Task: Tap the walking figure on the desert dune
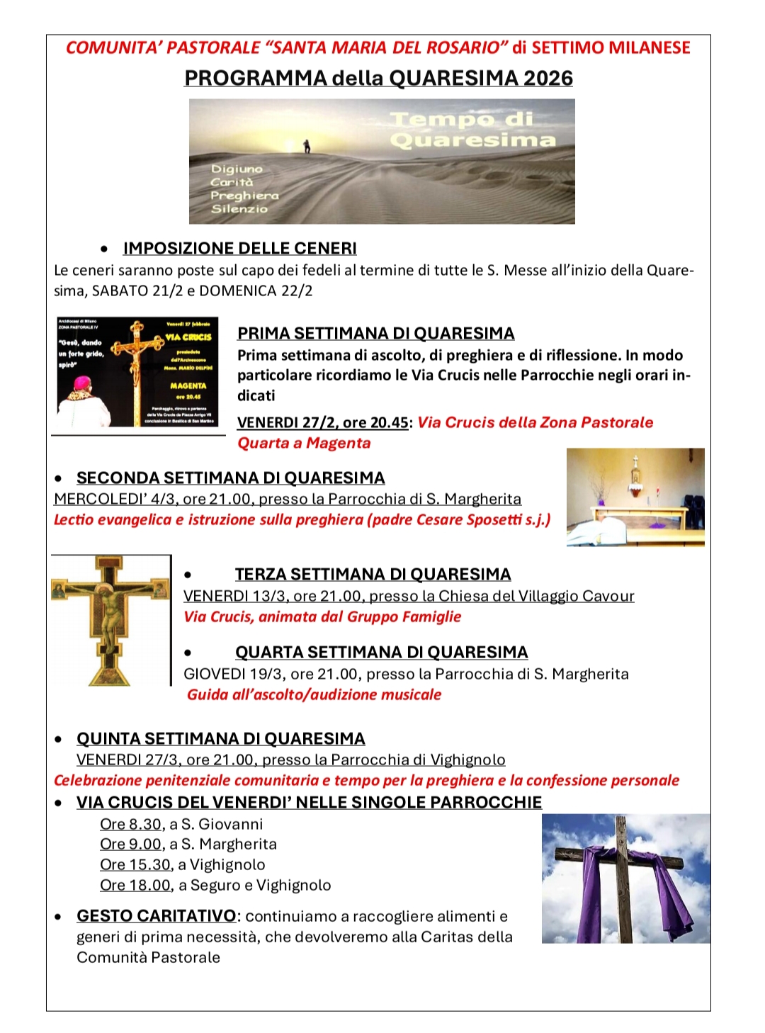(307, 146)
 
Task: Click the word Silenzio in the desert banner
(239, 209)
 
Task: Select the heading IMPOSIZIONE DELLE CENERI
(239, 249)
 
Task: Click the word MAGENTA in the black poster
(188, 386)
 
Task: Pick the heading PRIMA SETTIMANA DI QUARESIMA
(375, 334)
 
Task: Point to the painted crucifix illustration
(110, 620)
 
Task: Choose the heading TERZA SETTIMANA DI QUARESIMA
(373, 575)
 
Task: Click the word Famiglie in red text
(431, 617)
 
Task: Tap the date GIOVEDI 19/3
(234, 674)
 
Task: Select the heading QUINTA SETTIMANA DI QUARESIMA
(220, 739)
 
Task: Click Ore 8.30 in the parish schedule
(131, 825)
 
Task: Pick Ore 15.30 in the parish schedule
(135, 865)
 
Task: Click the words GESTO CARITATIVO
(156, 917)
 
